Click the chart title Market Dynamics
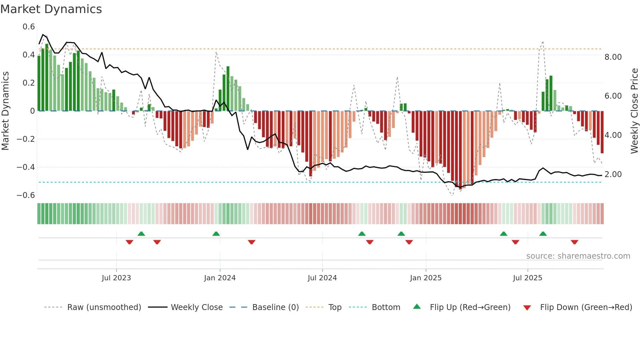coord(51,9)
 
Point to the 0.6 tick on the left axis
coord(29,27)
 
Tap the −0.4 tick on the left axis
coord(26,167)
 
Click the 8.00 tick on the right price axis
coord(613,57)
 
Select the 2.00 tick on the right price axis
coord(613,174)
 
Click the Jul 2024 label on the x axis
coord(322,278)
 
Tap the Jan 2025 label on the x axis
coord(425,278)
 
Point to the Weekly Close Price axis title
coord(634,111)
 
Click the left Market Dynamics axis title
coord(5,111)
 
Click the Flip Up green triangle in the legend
coord(417,306)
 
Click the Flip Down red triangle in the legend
coord(527,308)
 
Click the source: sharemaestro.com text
coord(578,256)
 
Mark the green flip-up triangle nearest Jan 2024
coord(216,234)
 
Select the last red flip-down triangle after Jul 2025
coord(574,242)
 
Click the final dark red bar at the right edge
coord(602,132)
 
